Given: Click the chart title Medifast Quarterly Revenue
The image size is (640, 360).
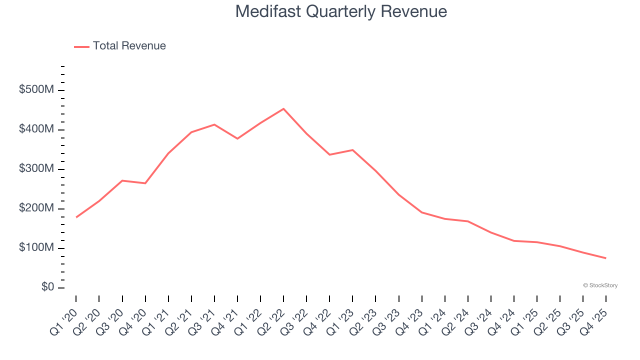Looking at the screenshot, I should [x=341, y=11].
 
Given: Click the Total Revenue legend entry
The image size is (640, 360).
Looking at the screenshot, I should [x=120, y=46].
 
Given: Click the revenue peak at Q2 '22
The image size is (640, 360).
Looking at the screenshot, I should [x=283, y=108].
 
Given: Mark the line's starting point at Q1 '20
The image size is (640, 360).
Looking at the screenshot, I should [x=76, y=217].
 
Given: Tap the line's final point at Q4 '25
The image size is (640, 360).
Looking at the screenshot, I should [x=606, y=258].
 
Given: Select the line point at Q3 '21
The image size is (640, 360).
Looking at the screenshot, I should [x=214, y=124].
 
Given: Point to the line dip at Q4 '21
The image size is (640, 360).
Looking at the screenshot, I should [x=237, y=138].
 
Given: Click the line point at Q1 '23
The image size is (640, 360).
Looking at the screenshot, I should [x=352, y=150].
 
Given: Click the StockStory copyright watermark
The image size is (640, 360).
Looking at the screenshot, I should [x=600, y=285].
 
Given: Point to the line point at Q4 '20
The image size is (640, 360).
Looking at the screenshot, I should [x=145, y=183].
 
